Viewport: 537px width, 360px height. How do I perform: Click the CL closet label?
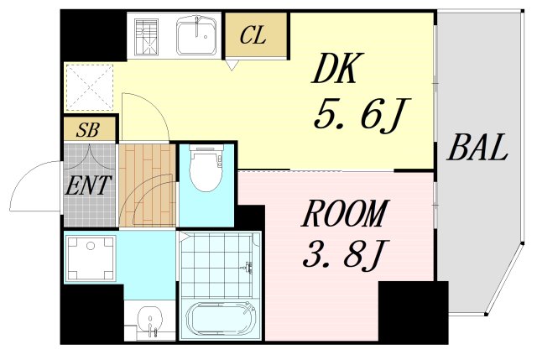pyautogui.click(x=253, y=35)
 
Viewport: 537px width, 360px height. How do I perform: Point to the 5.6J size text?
pyautogui.click(x=362, y=115)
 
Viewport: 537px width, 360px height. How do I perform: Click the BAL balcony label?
pyautogui.click(x=477, y=148)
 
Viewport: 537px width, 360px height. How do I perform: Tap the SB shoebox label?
pyautogui.click(x=88, y=130)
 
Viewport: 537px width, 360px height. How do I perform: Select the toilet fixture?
pyautogui.click(x=206, y=168)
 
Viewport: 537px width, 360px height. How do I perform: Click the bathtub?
pyautogui.click(x=221, y=320)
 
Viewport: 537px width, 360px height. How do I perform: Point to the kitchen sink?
pyautogui.click(x=196, y=35)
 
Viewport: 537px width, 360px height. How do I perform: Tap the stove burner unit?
pyautogui.click(x=147, y=37)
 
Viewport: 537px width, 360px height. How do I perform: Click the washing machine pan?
pyautogui.click(x=91, y=258)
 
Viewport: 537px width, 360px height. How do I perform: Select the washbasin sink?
pyautogui.click(x=149, y=319)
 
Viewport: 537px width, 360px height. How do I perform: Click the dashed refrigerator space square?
pyautogui.click(x=89, y=87)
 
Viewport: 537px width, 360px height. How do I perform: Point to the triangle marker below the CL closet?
pyautogui.click(x=232, y=65)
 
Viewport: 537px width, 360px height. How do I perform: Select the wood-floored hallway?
pyautogui.click(x=148, y=185)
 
